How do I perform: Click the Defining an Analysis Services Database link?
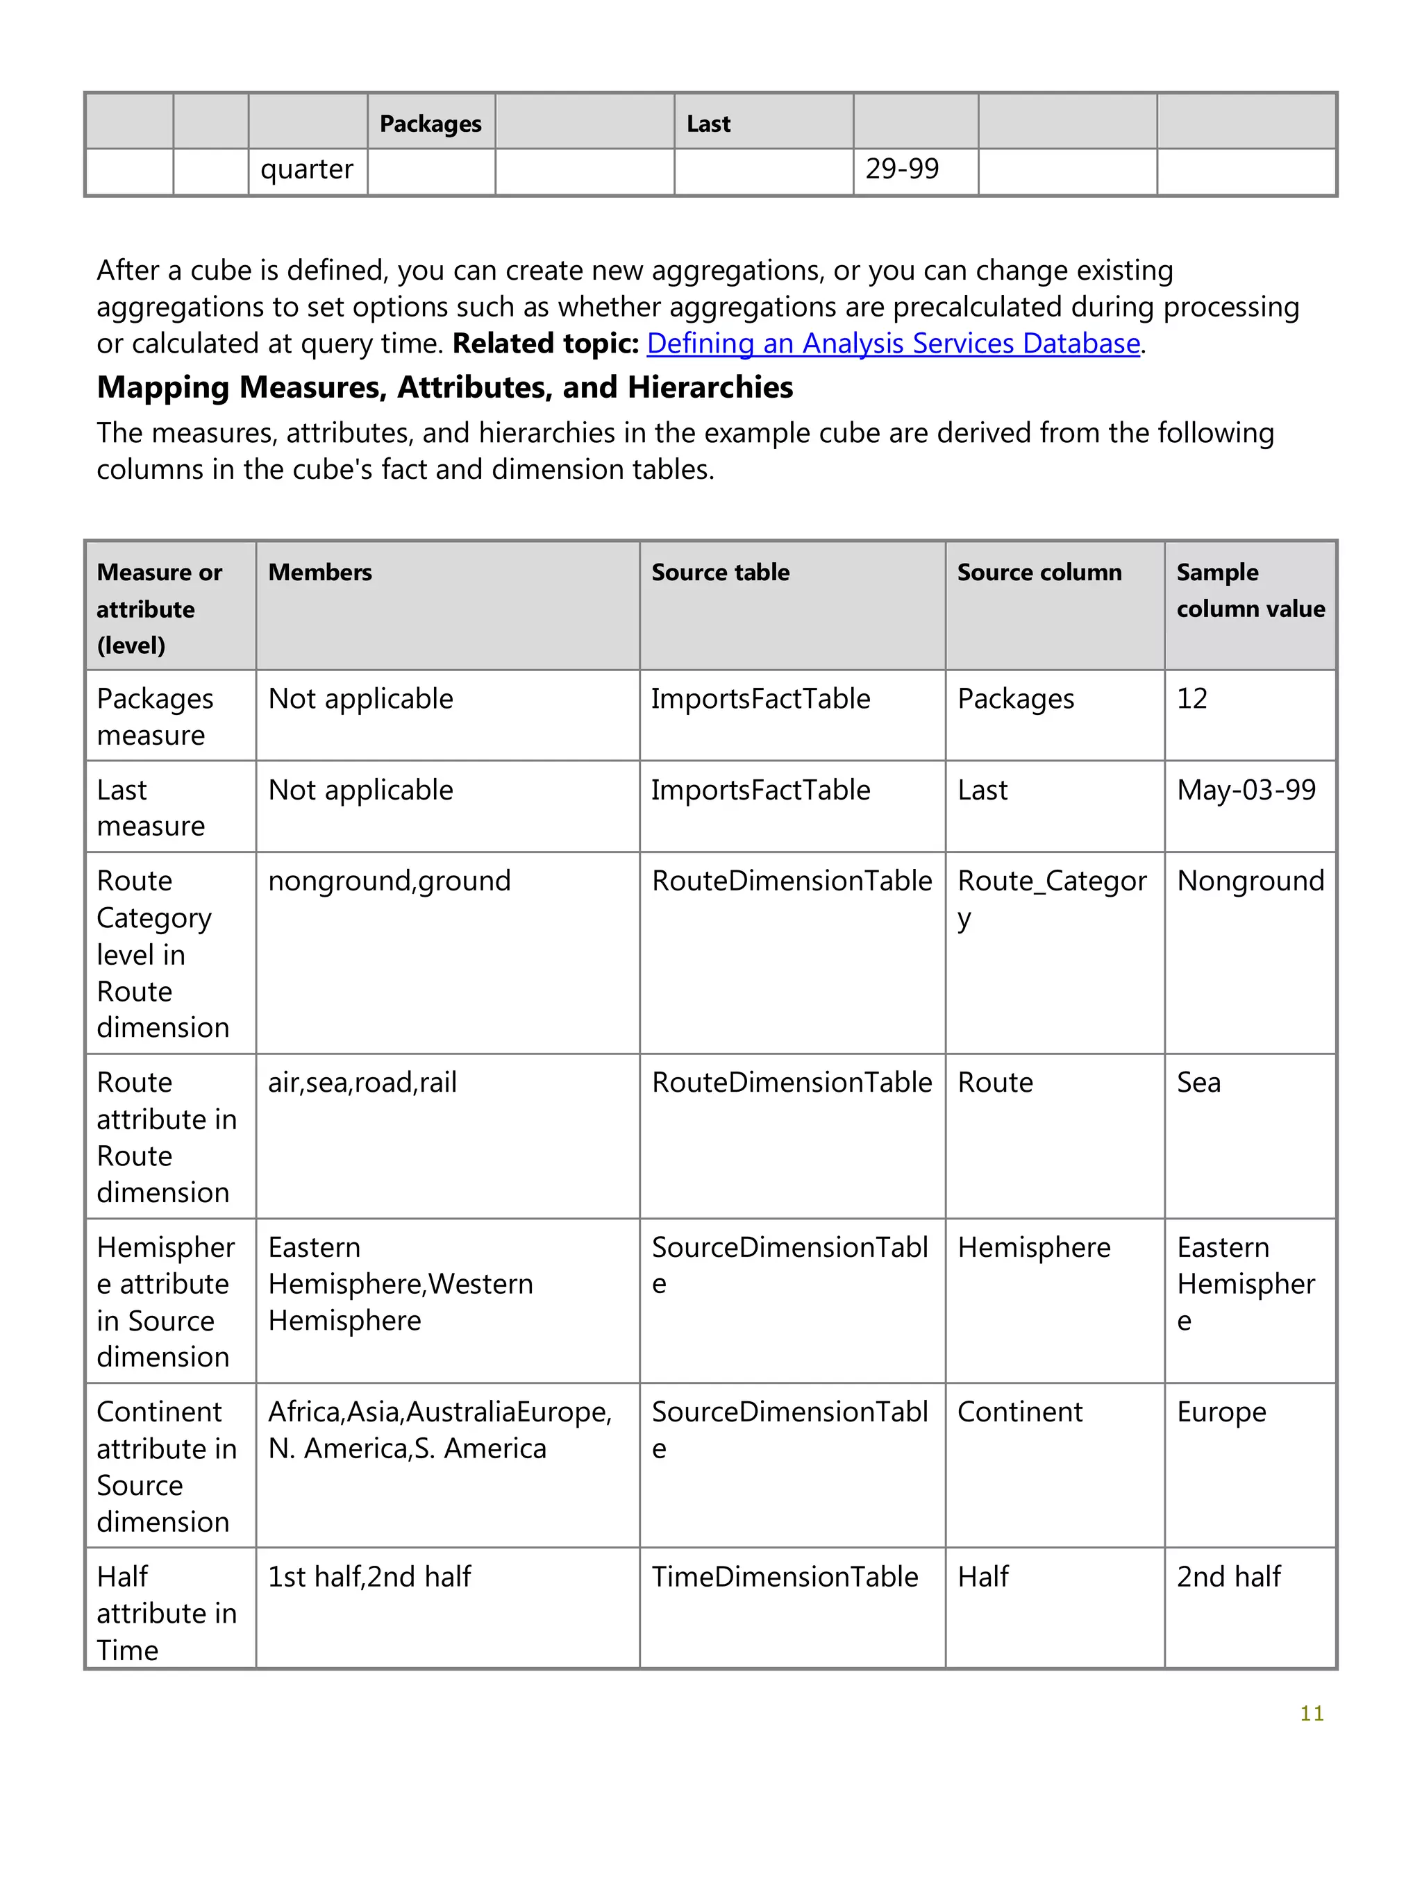click(892, 343)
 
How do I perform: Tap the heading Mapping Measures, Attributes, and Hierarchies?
click(444, 387)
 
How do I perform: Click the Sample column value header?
click(1249, 590)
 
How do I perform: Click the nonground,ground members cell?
click(390, 881)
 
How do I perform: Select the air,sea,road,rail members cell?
click(362, 1083)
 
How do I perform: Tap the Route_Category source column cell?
click(1051, 898)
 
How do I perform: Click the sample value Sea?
click(1198, 1083)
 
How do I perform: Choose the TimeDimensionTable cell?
click(784, 1576)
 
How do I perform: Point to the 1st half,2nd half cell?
click(369, 1576)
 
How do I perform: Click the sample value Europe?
click(1221, 1412)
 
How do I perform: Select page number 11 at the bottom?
click(1311, 1713)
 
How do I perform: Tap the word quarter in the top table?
click(306, 169)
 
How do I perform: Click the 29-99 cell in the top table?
click(901, 169)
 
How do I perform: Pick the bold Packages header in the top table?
click(430, 124)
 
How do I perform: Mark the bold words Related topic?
click(545, 343)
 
